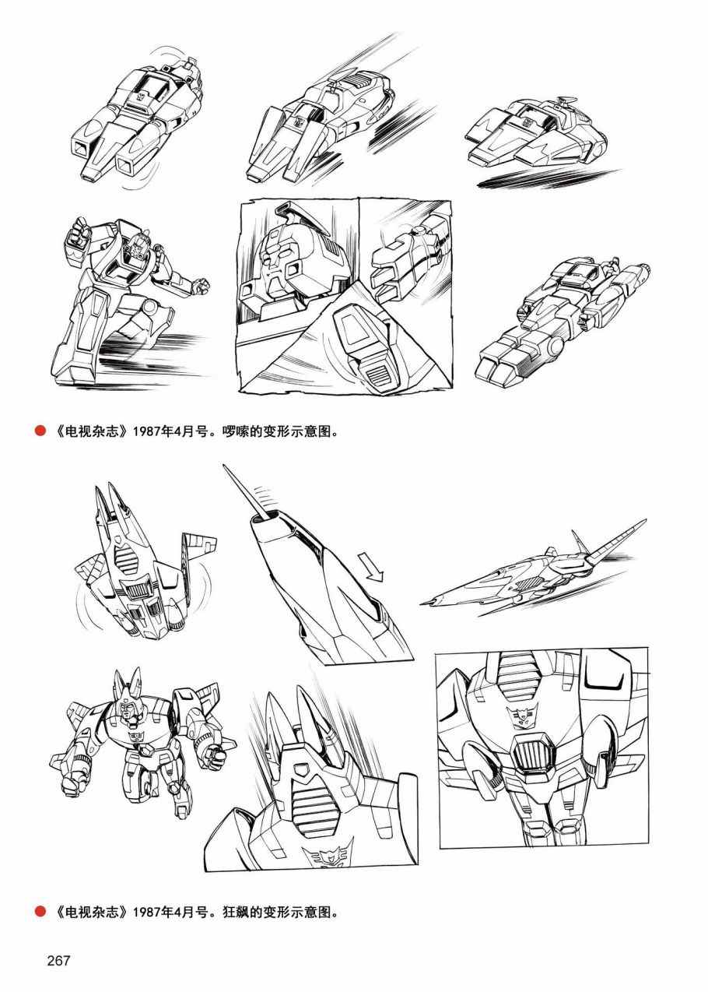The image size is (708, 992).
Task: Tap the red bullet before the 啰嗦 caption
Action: pyautogui.click(x=40, y=431)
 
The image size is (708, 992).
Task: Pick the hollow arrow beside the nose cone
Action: pyautogui.click(x=373, y=566)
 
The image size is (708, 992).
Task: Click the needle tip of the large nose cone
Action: pyautogui.click(x=225, y=466)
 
